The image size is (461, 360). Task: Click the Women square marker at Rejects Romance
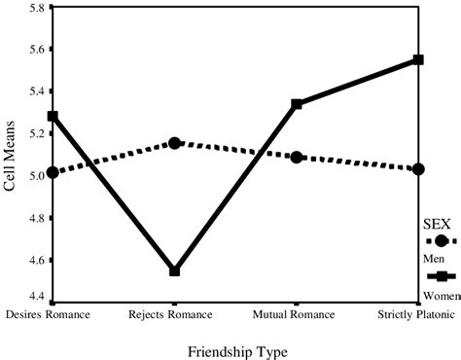(x=174, y=270)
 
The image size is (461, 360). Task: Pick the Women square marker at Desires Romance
(x=53, y=116)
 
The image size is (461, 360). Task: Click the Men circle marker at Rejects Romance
(x=174, y=143)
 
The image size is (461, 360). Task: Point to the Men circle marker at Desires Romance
(x=53, y=172)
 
